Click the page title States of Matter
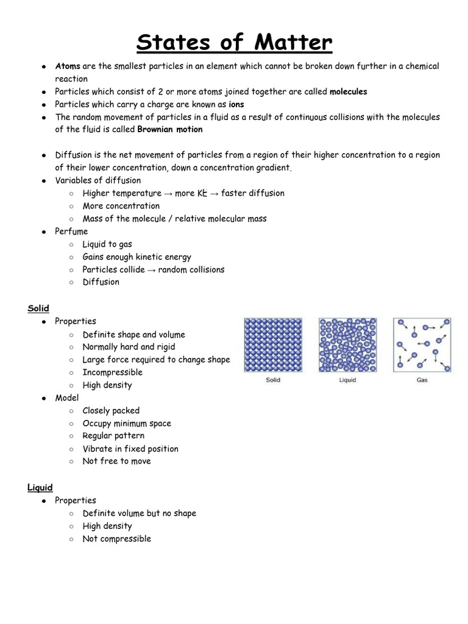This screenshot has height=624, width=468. [x=234, y=44]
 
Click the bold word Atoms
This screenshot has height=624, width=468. [x=68, y=66]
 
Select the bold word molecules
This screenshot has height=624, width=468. [x=348, y=91]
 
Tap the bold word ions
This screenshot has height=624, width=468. [x=236, y=104]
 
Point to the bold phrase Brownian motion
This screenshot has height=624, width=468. [x=170, y=129]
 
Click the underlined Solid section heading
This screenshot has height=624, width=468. [x=38, y=308]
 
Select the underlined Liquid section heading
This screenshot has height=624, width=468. [x=40, y=487]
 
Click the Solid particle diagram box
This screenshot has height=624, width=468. [x=273, y=345]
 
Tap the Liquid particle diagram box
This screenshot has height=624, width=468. [x=347, y=345]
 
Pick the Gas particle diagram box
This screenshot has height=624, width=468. [x=422, y=345]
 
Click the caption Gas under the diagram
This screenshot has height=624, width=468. [x=422, y=380]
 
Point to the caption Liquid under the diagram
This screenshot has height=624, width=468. [x=347, y=380]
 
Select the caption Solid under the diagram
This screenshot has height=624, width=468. [x=273, y=380]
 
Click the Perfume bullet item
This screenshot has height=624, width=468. [x=71, y=232]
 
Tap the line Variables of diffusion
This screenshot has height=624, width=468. [x=97, y=180]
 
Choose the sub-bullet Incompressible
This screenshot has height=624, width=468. [x=112, y=372]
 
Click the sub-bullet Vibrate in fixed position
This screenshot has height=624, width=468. [x=130, y=448]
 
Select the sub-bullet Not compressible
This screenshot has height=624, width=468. [x=116, y=539]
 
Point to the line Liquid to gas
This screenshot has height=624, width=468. [x=107, y=244]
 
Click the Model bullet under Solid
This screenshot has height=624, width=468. [x=67, y=398]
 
